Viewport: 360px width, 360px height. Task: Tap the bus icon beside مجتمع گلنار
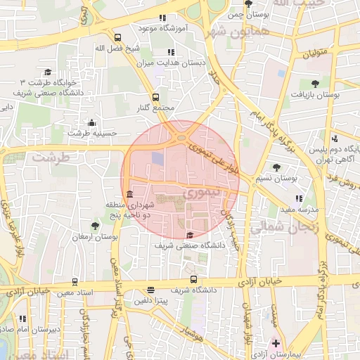click(155, 98)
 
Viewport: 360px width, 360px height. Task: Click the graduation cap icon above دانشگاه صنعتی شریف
click(190, 235)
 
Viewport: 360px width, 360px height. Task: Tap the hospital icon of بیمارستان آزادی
click(276, 345)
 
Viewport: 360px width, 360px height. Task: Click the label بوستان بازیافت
click(317, 94)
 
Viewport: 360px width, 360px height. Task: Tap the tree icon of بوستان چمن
click(248, 4)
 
